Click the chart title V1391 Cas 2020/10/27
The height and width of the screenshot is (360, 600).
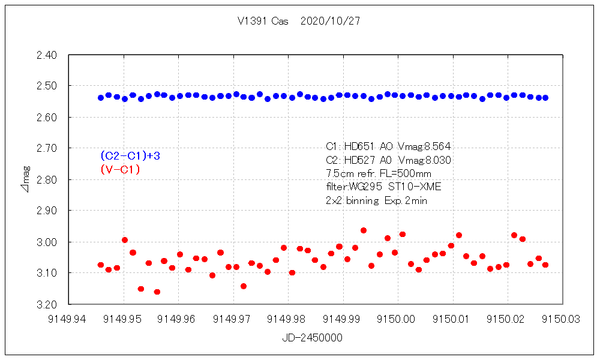click(x=299, y=21)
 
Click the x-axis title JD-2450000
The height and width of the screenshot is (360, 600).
click(x=312, y=338)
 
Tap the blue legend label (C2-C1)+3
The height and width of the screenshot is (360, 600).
click(x=130, y=156)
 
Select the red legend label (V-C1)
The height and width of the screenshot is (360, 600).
click(x=121, y=170)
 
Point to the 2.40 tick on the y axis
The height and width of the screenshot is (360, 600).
click(x=46, y=55)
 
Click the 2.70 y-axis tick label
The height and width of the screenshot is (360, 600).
click(x=46, y=148)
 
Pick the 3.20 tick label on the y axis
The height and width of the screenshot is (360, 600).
click(x=46, y=304)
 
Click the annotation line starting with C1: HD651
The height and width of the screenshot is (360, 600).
click(x=388, y=146)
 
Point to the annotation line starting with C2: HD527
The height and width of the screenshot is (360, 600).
click(x=388, y=160)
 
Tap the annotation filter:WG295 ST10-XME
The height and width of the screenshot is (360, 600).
click(x=383, y=187)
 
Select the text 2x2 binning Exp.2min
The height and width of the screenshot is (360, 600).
click(x=376, y=201)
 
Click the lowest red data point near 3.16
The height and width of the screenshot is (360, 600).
click(x=157, y=292)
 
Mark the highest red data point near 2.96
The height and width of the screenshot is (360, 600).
click(x=364, y=230)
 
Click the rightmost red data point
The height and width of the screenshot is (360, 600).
click(x=545, y=265)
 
